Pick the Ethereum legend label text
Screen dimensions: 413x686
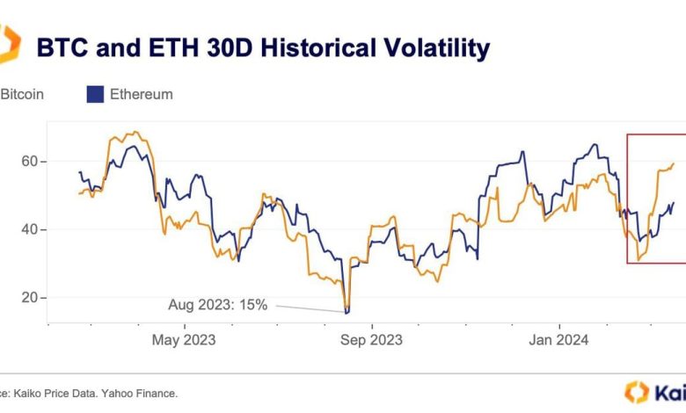click(x=141, y=94)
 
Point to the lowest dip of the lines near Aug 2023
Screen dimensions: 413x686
click(x=347, y=312)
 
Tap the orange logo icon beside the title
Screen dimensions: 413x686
click(x=9, y=44)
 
